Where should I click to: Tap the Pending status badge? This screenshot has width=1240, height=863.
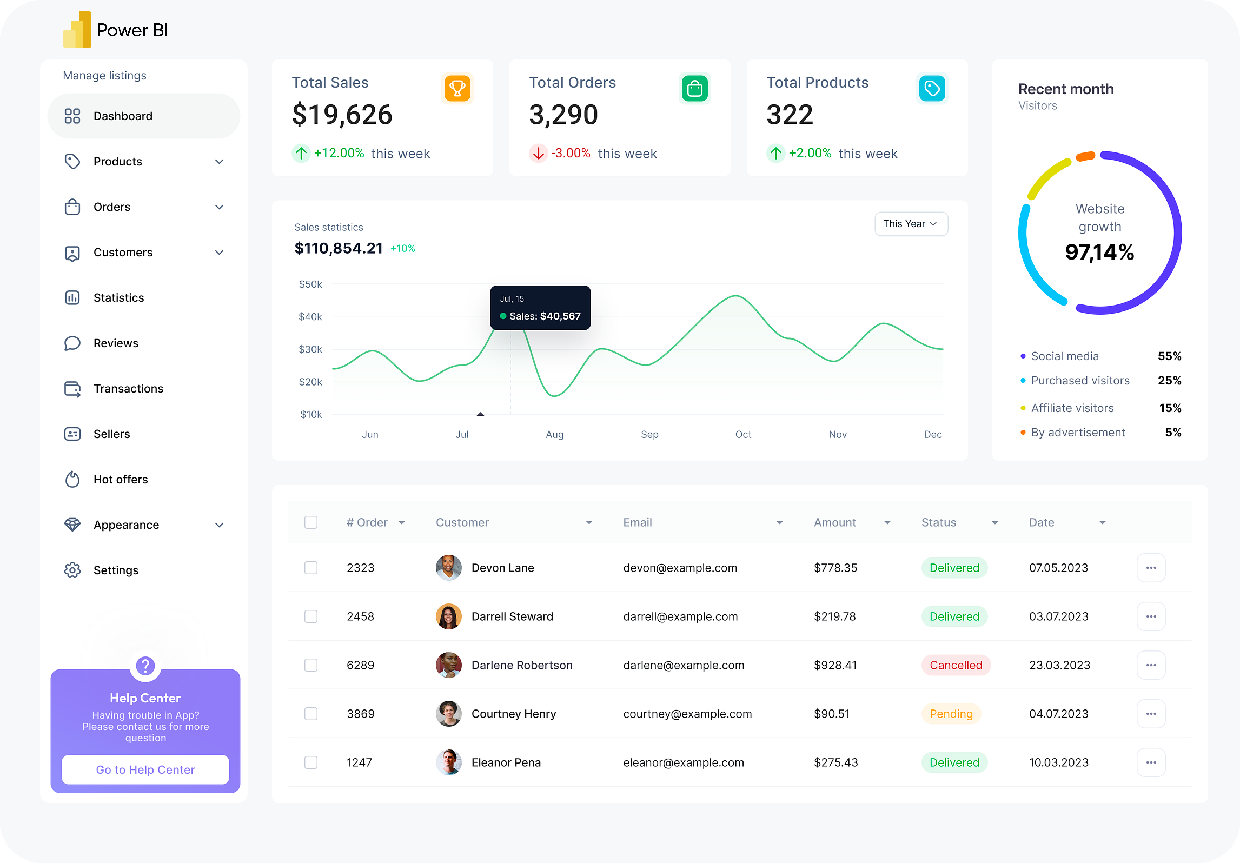[x=951, y=713]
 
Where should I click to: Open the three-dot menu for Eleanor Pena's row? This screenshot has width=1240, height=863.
[x=1151, y=762]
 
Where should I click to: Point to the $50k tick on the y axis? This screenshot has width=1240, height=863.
[x=311, y=284]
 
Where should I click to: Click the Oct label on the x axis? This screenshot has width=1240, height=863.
[x=743, y=434]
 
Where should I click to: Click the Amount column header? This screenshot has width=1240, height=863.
[x=835, y=522]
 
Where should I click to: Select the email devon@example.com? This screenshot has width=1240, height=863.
[x=680, y=568]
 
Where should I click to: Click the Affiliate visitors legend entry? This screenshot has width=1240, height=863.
[x=1072, y=408]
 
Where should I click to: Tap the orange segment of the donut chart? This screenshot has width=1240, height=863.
[x=1085, y=157]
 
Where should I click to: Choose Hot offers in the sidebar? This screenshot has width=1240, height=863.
[x=120, y=479]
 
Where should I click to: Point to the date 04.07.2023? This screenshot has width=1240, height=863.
[x=1059, y=713]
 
